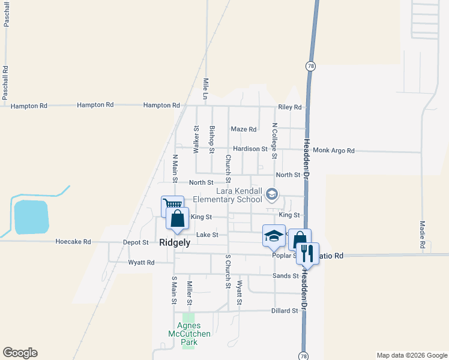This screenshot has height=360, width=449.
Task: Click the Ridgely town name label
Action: [175, 243]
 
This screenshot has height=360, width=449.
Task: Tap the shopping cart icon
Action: [172, 205]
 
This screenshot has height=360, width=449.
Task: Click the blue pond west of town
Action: [31, 217]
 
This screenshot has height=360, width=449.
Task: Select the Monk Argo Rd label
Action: [334, 151]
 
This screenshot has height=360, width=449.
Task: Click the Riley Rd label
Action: [289, 107]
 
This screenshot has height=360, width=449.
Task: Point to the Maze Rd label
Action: [244, 129]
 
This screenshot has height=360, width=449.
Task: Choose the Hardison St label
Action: [250, 149]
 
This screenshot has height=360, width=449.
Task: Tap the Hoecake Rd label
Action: [73, 242]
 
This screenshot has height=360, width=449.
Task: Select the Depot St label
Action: [136, 242]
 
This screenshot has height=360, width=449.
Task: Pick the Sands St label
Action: [286, 276]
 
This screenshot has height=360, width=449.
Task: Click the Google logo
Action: [20, 353]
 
